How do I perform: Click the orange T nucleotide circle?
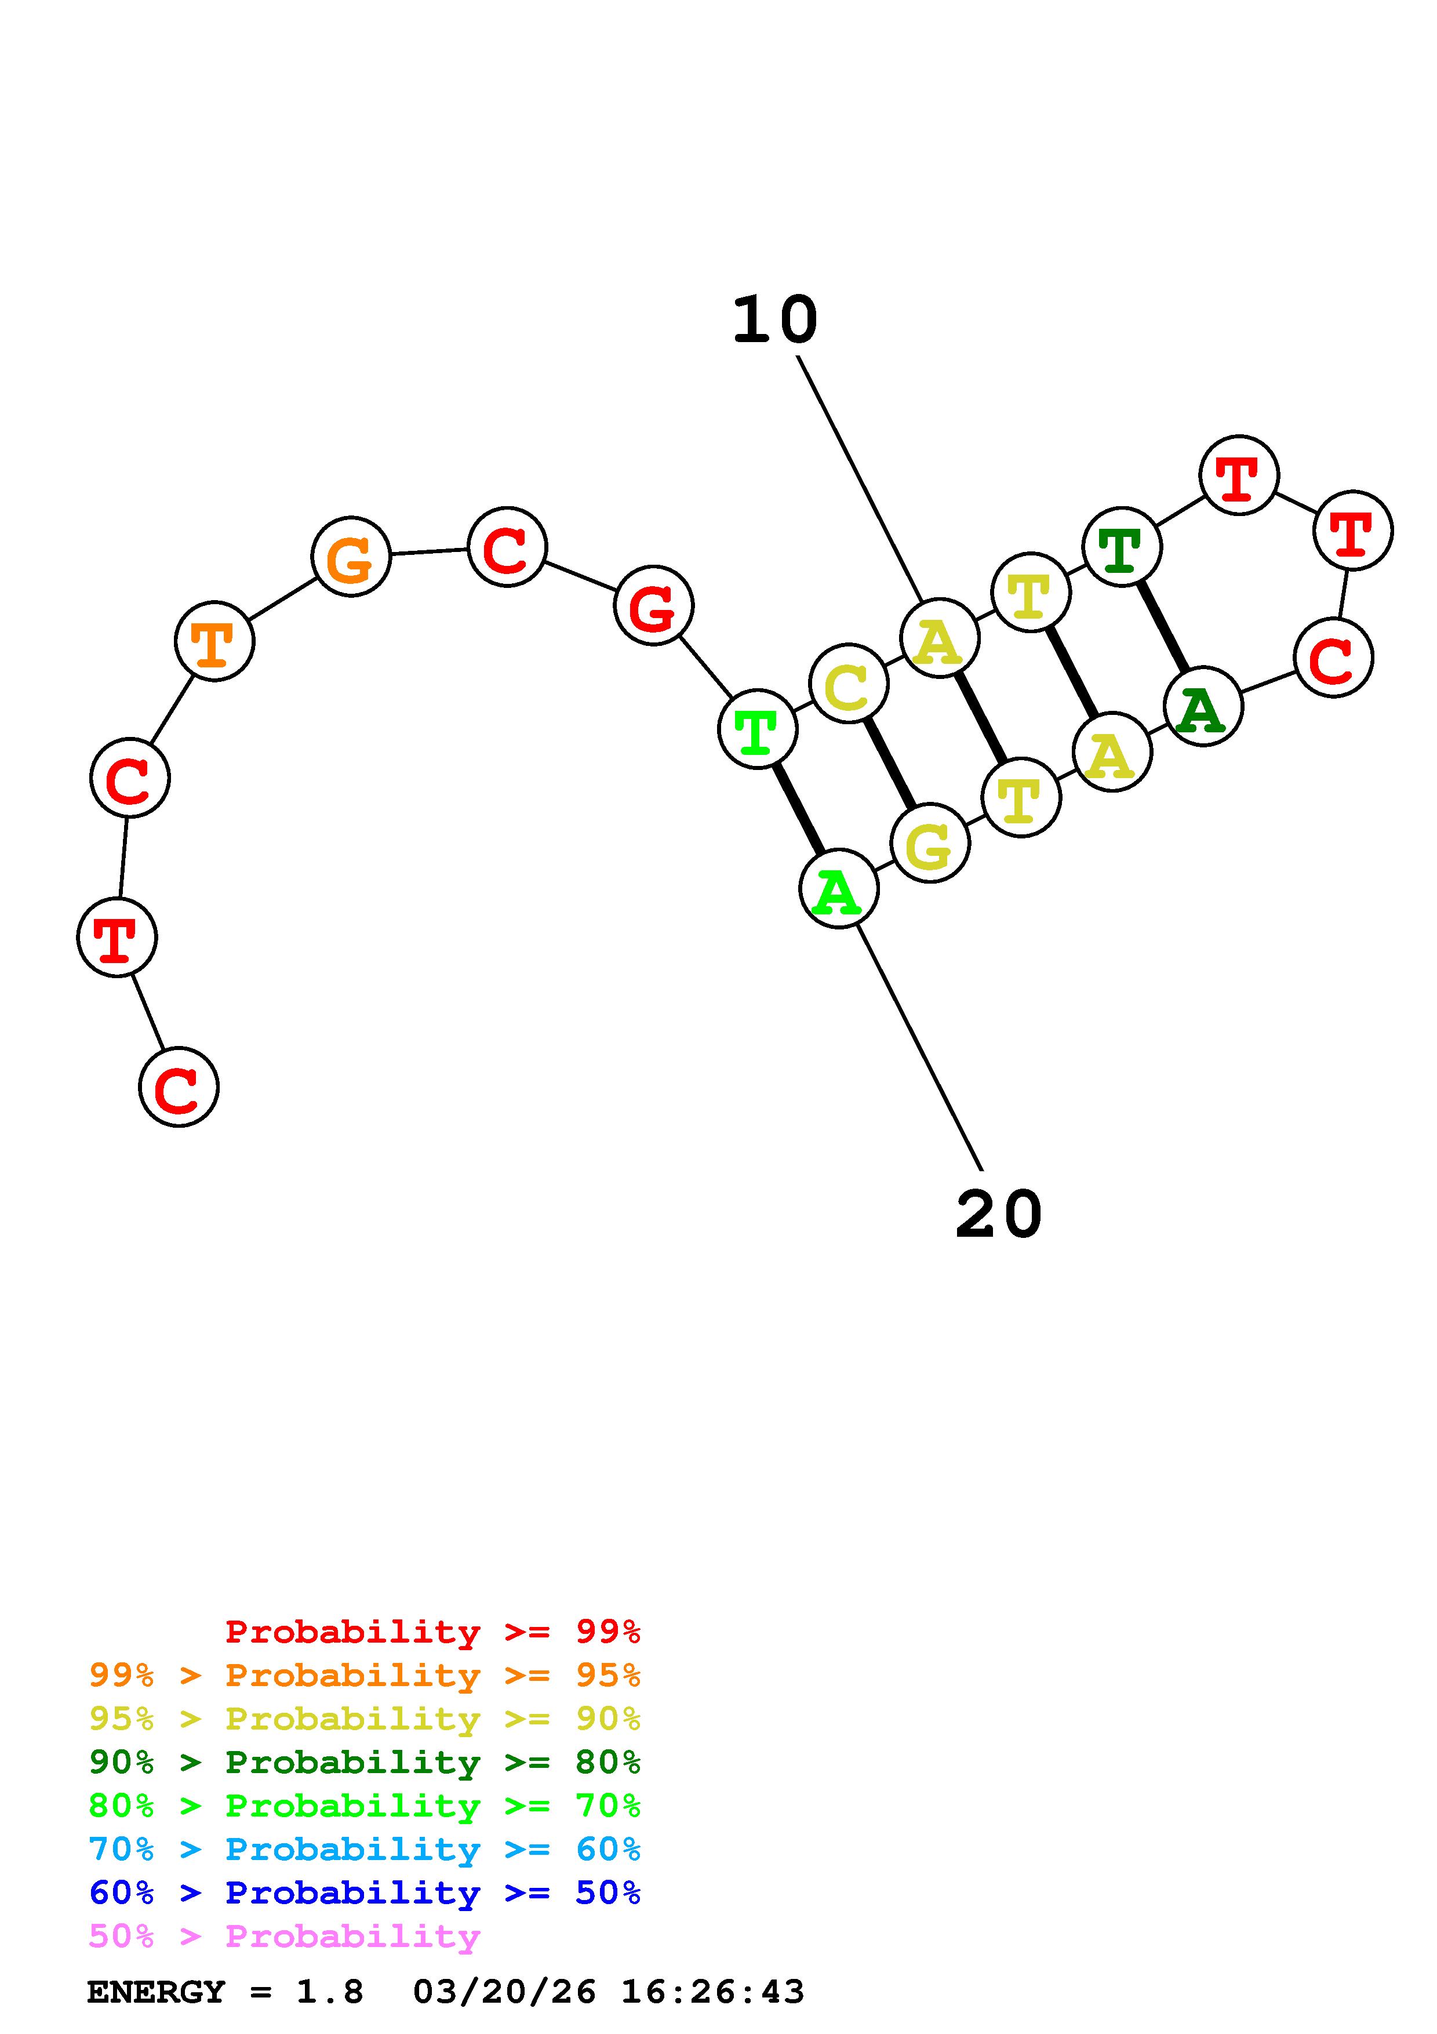[214, 641]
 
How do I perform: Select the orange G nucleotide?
[351, 557]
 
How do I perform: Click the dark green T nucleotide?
[1122, 547]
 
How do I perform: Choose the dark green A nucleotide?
[1202, 707]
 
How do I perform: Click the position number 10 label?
[774, 320]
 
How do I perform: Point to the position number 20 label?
[999, 1215]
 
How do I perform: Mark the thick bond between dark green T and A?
[1163, 627]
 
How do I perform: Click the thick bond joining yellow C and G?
[889, 764]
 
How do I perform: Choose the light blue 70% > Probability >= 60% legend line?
[365, 1850]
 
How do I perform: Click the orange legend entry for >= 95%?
[365, 1675]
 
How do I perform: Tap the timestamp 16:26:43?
[713, 1992]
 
